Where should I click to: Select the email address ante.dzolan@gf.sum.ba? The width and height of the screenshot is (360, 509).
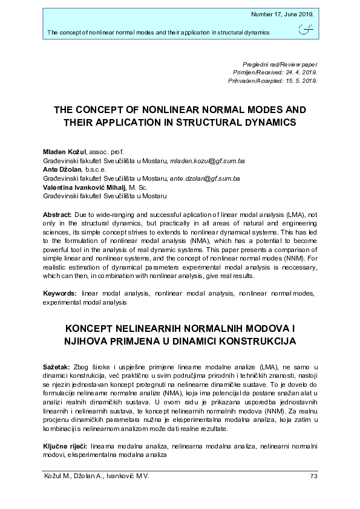[205, 179]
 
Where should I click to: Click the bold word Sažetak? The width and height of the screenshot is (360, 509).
[56, 368]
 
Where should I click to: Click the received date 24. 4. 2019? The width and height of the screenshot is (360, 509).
[299, 71]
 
